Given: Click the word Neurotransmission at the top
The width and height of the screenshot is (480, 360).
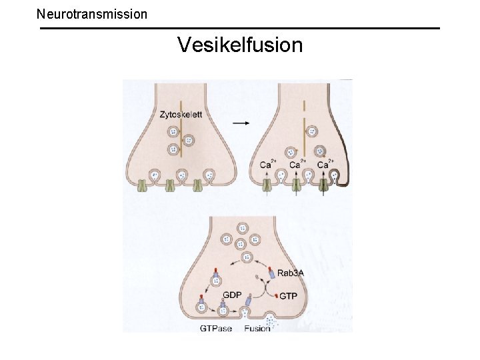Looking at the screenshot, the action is tap(92, 13).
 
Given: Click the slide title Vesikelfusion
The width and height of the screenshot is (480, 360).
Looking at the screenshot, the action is tap(240, 45).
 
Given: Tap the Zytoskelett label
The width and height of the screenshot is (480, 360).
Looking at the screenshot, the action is tap(181, 115).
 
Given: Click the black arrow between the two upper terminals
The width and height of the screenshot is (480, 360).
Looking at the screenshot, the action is tap(243, 123).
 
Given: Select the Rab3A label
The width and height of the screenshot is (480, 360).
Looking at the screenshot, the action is tap(291, 273).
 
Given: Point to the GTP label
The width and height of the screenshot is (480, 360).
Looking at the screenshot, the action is tap(288, 295).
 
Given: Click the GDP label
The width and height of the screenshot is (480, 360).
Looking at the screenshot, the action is tap(232, 294).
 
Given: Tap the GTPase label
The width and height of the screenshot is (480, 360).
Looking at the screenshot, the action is tap(216, 328).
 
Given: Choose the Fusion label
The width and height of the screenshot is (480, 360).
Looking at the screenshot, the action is tap(257, 328).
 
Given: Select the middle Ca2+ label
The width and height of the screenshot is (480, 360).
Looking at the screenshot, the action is tap(297, 164).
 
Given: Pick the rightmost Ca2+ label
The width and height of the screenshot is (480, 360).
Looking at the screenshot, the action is tap(325, 164).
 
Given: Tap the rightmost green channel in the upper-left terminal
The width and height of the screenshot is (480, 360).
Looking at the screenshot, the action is tap(197, 187).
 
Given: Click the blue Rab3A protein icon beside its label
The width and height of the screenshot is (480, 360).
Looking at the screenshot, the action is tap(271, 273).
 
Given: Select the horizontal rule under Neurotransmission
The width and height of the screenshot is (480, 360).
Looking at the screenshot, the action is tap(240, 28).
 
